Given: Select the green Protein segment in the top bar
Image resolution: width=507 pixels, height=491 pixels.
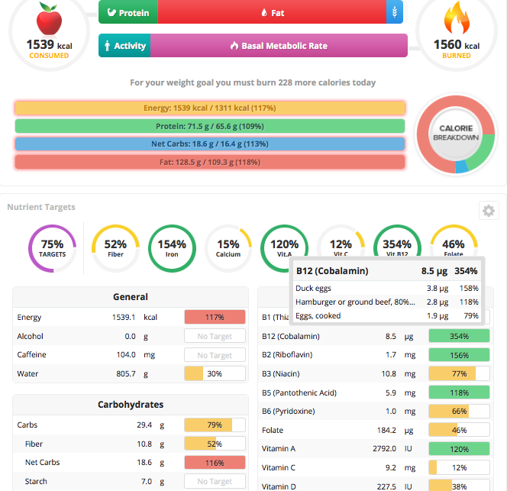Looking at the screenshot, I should point(128,12).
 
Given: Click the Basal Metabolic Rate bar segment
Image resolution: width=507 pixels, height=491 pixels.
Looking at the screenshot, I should point(279,46).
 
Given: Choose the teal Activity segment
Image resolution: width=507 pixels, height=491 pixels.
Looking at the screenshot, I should point(124,46).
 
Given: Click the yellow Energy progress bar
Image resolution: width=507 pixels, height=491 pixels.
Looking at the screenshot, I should point(209,108).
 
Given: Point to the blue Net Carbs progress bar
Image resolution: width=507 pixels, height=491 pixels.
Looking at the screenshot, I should point(209,144).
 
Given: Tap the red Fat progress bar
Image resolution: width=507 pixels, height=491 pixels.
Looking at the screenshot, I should point(209,162).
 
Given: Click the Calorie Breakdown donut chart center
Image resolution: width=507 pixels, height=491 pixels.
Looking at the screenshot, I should point(456,133).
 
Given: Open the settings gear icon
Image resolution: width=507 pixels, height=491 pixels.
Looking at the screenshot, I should point(489,211).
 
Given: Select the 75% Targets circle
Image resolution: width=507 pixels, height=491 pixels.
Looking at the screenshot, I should point(52,247).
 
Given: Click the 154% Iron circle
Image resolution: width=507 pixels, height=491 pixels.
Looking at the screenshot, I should point(172,247).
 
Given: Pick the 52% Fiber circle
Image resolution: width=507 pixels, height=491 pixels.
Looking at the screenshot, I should point(115,247).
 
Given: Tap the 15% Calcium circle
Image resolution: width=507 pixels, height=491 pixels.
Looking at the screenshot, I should point(228,247).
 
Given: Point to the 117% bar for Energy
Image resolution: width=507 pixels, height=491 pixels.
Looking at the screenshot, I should point(215,317).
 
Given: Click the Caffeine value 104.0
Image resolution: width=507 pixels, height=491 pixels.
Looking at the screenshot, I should point(123,355).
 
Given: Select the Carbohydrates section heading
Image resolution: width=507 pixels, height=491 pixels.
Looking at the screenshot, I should point(131,405).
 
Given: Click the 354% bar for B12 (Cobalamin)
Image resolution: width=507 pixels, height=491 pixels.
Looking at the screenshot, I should point(459,336).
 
